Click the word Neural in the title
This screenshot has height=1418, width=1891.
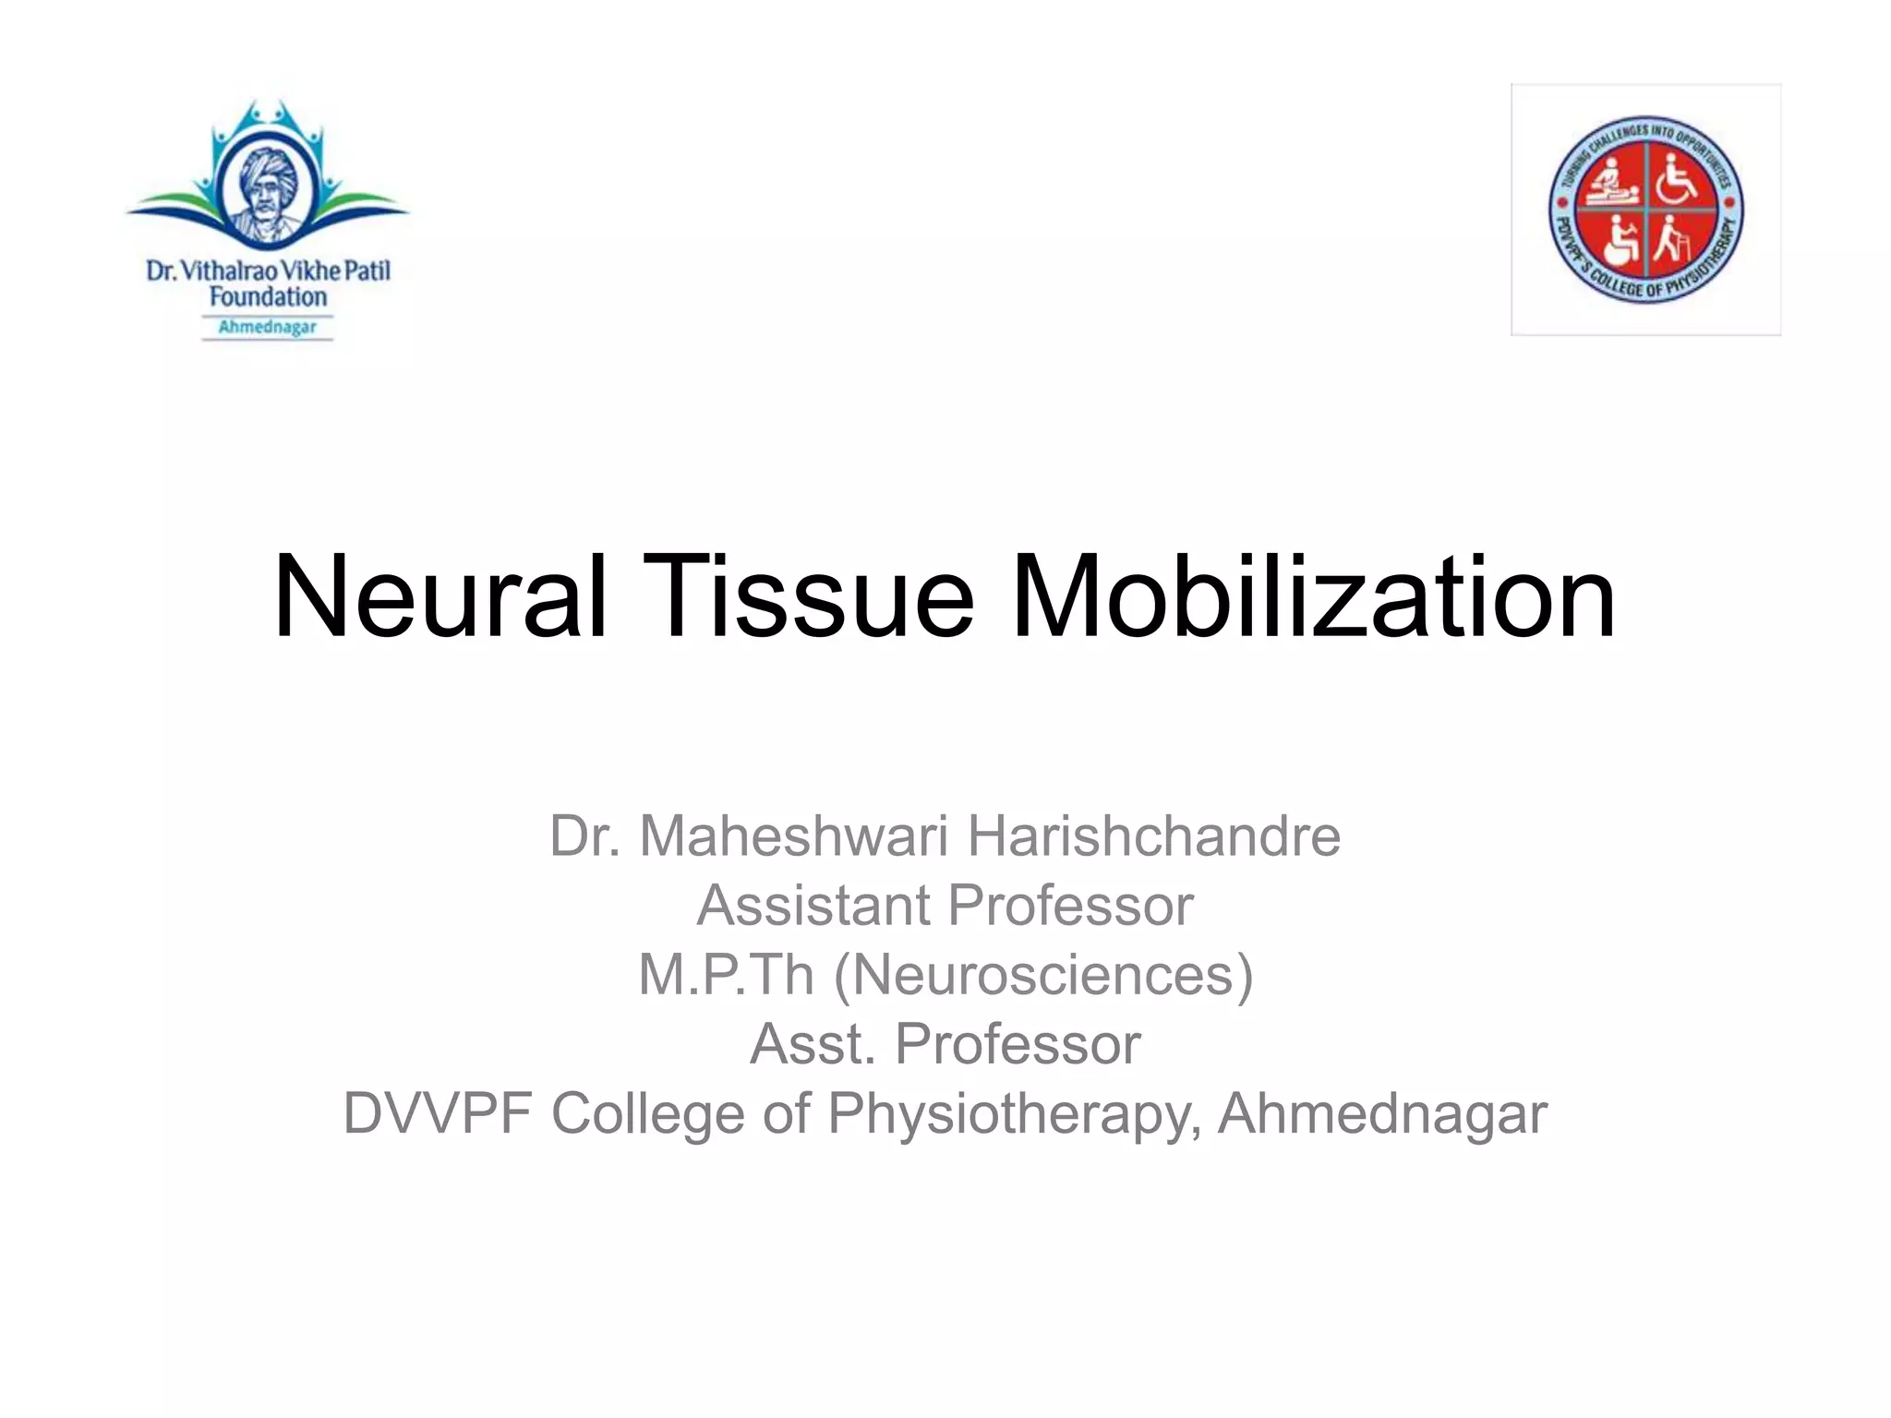pos(440,597)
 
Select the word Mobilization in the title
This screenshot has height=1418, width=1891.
pos(1312,597)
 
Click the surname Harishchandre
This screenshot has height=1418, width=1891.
pos(1153,836)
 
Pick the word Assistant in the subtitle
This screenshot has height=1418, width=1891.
pos(813,906)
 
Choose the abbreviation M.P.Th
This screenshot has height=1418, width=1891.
pos(726,975)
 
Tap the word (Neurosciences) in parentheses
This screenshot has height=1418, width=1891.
pos(1043,975)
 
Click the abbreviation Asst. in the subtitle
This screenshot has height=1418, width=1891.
pos(812,1044)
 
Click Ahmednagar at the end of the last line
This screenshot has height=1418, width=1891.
pos(1381,1113)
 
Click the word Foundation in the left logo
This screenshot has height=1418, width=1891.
pos(268,297)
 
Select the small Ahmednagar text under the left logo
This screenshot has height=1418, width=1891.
pos(268,327)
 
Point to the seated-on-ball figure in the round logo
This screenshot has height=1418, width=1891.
pos(1617,241)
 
